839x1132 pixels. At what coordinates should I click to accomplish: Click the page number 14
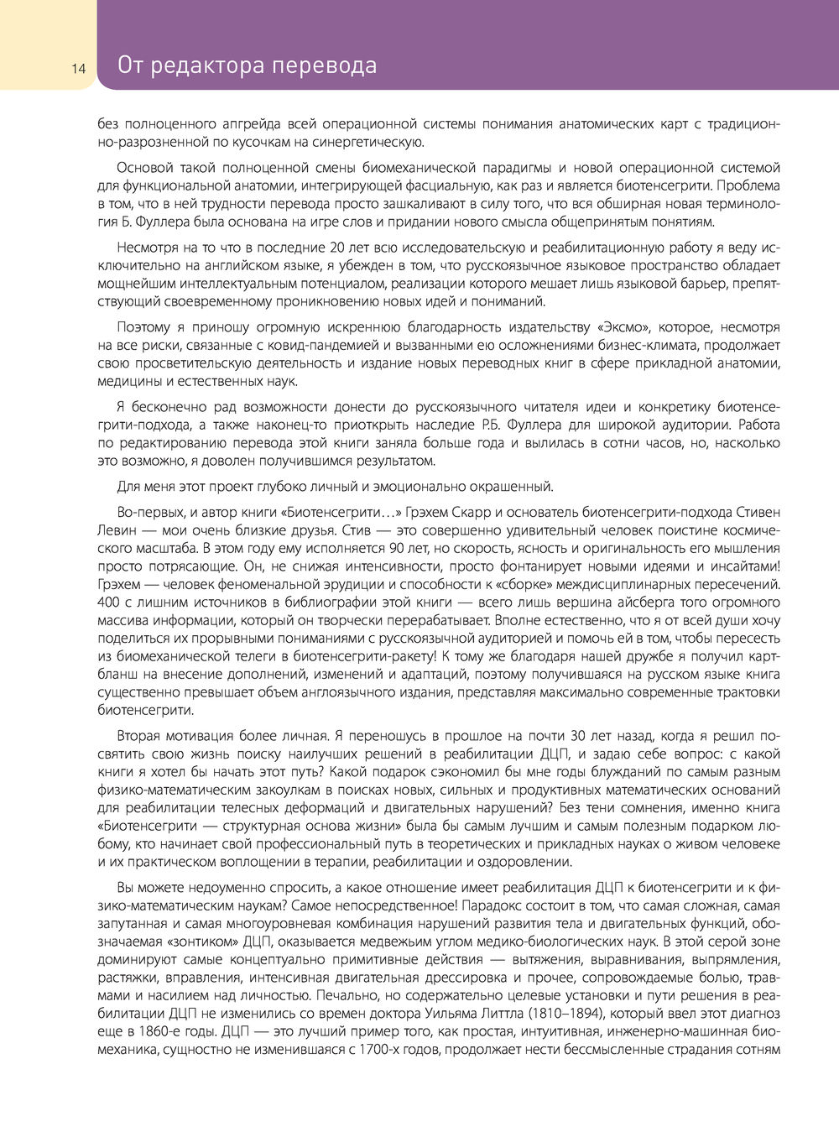pos(78,69)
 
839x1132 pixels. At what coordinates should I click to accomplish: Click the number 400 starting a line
pos(110,602)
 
